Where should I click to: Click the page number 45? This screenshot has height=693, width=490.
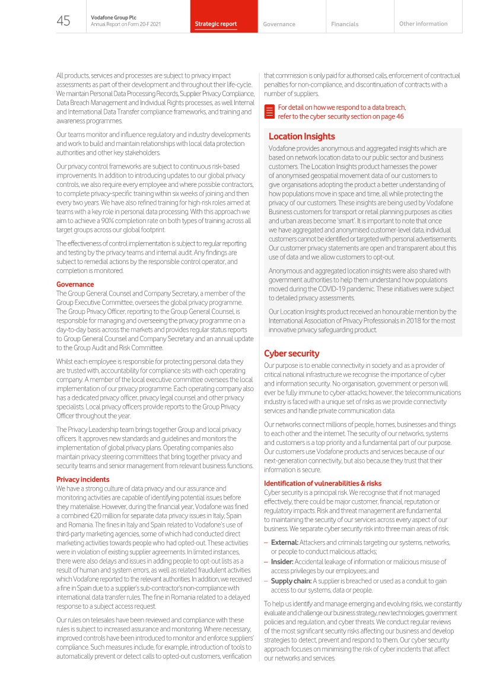63,21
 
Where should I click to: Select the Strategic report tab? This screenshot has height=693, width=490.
216,24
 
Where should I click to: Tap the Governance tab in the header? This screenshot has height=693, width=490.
279,24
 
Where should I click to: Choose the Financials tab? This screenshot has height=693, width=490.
345,24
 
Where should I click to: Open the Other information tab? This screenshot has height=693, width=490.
424,24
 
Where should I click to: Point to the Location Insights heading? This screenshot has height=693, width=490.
301,136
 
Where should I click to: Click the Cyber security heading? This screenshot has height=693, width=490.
292,354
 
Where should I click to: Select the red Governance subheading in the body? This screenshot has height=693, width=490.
75,284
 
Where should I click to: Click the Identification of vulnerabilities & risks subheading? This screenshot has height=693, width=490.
323,483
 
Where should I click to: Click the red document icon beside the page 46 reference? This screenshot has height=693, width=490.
269,112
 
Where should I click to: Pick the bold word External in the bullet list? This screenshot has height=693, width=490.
284,542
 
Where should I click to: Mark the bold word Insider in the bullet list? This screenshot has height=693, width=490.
282,561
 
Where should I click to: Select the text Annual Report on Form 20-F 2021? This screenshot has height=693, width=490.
126,24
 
